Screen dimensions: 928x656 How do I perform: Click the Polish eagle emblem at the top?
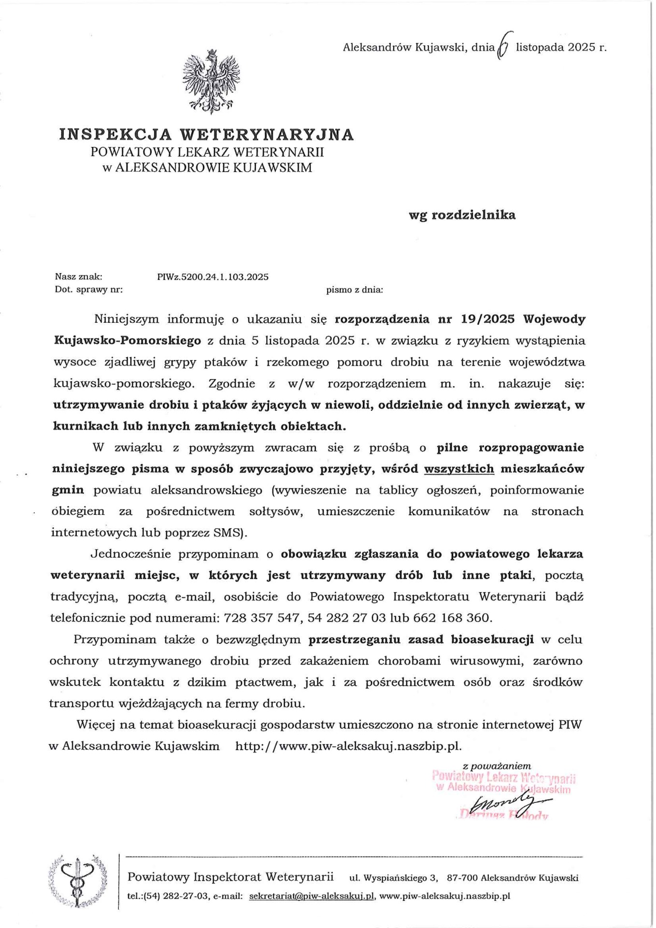211,81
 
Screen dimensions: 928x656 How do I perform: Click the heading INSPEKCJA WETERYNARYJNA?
206,134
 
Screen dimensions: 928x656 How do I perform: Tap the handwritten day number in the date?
503,47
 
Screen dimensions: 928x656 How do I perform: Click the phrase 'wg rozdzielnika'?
462,215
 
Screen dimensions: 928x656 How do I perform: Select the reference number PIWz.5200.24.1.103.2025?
213,277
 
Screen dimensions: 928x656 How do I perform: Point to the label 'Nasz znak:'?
78,277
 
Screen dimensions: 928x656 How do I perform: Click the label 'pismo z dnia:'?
355,290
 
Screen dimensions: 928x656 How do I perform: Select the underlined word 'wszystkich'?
459,468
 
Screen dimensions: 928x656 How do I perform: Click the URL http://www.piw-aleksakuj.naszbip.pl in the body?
348,746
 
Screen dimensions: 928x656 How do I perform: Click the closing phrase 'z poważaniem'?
497,766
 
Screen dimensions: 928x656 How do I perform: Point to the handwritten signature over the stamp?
507,803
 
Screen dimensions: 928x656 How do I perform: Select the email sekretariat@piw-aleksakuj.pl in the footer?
312,896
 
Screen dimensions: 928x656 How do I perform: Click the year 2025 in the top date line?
582,47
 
